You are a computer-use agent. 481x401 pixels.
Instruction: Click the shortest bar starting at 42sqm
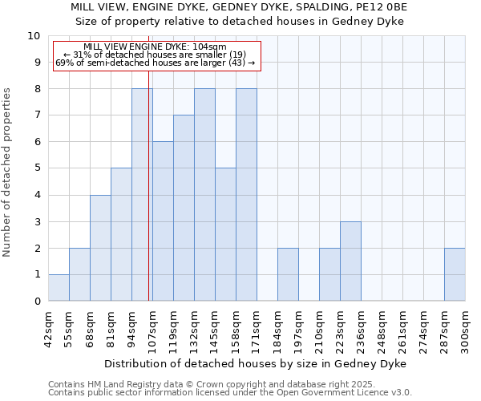point(59,288)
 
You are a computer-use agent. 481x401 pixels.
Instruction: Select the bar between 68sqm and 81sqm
point(100,248)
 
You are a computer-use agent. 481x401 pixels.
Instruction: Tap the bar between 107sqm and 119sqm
point(163,221)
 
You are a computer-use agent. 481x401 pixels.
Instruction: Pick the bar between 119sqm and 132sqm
point(184,208)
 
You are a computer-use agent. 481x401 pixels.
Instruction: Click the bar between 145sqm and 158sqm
point(225,234)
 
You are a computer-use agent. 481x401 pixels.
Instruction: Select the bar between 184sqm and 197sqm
point(288,274)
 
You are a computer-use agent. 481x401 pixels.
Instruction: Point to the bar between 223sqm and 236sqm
point(350,261)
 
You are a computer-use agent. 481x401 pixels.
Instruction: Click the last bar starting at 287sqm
point(455,274)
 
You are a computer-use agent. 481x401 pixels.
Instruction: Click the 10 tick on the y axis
point(34,36)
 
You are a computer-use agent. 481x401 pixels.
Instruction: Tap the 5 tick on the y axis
point(37,168)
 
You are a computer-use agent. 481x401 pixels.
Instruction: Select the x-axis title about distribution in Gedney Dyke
point(256,363)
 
